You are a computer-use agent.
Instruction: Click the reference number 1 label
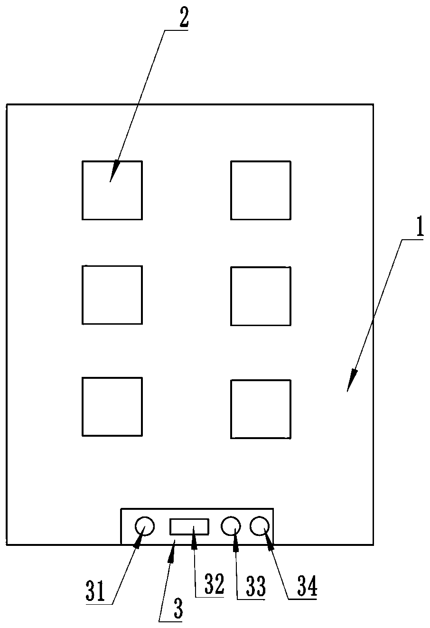click(x=419, y=229)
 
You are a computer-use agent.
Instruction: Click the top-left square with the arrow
click(x=112, y=190)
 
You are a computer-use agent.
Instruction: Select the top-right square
click(x=261, y=190)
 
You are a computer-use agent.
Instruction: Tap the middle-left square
click(x=112, y=295)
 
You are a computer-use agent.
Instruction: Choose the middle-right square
click(x=261, y=296)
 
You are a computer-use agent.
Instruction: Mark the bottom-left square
click(x=112, y=406)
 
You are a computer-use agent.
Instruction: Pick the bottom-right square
click(x=261, y=409)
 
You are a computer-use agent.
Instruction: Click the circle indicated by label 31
click(x=145, y=526)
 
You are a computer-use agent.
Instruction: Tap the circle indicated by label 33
click(x=231, y=526)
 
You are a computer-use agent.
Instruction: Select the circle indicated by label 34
click(x=260, y=526)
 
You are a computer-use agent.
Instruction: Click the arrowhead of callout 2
click(x=113, y=174)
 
